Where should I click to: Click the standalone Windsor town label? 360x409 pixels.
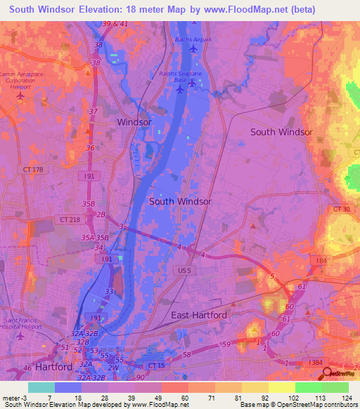(x=134, y=122)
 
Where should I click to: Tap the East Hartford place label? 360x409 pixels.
(x=200, y=316)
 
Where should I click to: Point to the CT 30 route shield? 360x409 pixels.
(x=342, y=209)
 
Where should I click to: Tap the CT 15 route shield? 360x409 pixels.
(x=155, y=365)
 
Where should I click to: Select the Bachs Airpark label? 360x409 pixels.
(x=193, y=39)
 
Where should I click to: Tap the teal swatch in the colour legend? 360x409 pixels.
(x=41, y=387)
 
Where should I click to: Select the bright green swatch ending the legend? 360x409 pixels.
(x=335, y=387)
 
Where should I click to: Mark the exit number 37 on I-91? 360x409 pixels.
(x=94, y=112)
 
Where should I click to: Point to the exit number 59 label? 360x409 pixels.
(x=226, y=344)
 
